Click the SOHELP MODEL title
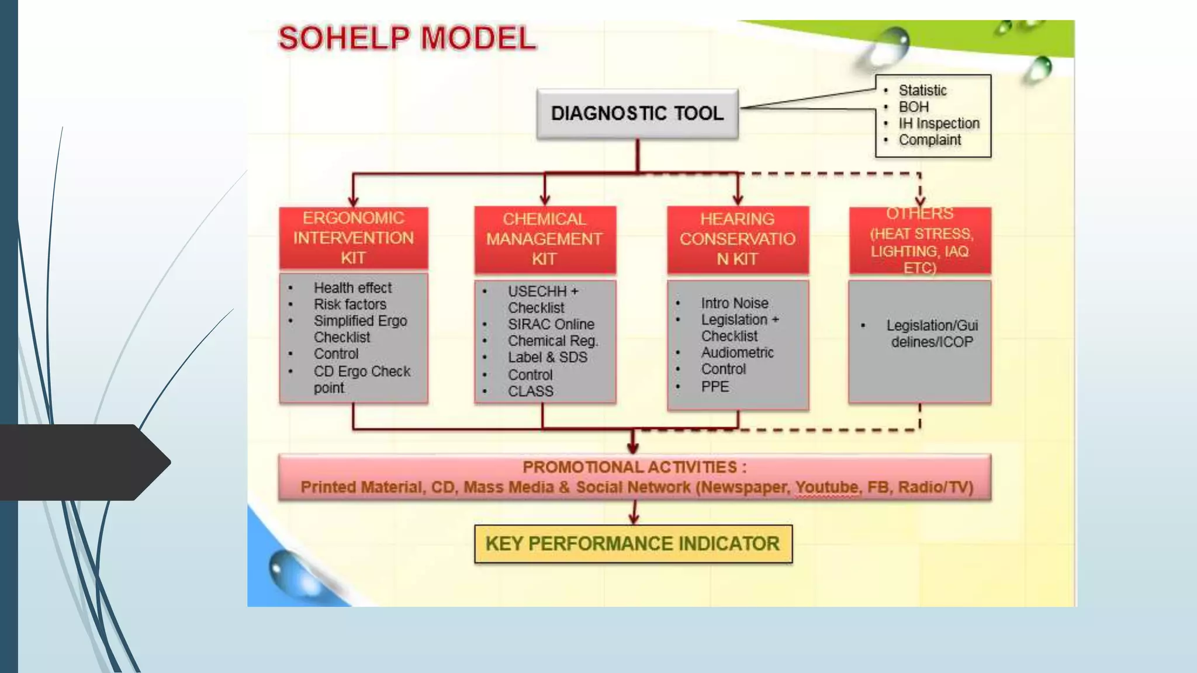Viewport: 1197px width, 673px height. tap(407, 39)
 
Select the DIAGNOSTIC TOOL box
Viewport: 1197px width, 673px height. tap(637, 113)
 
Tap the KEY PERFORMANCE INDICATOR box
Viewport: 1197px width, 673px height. tap(633, 544)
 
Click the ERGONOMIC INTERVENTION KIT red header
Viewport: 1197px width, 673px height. tap(354, 238)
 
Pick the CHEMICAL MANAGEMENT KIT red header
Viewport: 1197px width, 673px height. tap(544, 239)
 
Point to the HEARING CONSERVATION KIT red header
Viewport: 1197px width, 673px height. tap(738, 239)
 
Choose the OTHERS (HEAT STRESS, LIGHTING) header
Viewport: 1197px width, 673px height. tap(921, 240)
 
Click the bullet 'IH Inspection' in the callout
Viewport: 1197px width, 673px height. tap(939, 124)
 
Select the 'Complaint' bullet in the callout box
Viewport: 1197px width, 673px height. tap(929, 140)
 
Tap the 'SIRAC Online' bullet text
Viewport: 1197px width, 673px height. tap(551, 324)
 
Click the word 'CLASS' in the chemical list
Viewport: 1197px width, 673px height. tap(530, 391)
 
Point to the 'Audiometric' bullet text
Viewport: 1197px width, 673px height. tap(737, 353)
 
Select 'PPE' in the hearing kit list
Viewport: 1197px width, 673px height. tap(715, 387)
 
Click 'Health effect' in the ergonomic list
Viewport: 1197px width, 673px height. tap(352, 288)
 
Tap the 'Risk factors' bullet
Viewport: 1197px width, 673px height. tap(350, 304)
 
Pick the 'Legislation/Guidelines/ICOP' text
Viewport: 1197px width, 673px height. tap(932, 334)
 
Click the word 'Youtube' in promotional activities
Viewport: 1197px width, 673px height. tap(826, 487)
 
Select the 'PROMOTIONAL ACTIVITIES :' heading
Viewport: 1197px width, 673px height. tap(634, 467)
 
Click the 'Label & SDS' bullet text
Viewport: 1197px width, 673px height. tap(547, 358)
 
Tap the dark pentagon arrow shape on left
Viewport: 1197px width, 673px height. tap(82, 462)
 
